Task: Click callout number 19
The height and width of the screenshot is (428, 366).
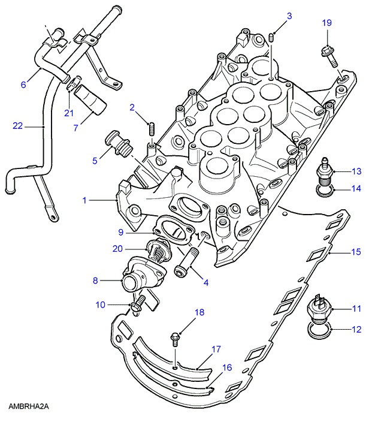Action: (x=326, y=23)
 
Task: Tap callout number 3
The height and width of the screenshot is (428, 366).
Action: (x=289, y=16)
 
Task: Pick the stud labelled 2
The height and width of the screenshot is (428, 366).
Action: (x=152, y=128)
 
